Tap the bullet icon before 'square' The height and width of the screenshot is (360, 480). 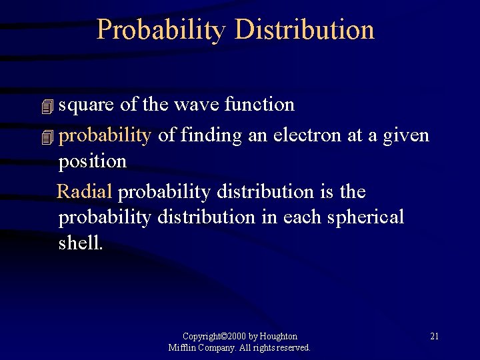pos(46,106)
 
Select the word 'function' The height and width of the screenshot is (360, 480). pos(261,105)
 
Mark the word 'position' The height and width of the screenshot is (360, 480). pos(93,161)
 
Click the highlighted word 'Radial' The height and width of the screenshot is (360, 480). pos(85,192)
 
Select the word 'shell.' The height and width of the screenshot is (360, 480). pos(81,243)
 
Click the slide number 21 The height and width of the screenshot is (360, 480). pos(434,336)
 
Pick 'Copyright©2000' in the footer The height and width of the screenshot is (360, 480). pos(204,337)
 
